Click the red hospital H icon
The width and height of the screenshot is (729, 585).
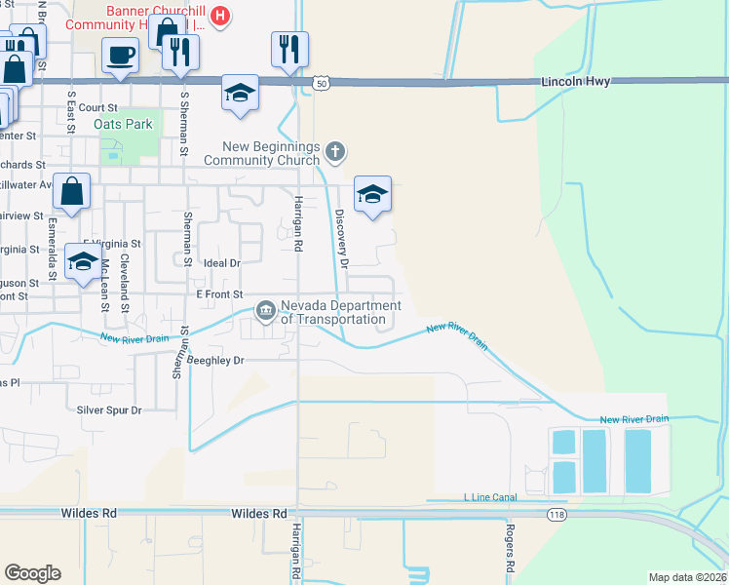[x=221, y=16]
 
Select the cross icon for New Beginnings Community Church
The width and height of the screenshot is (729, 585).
[x=335, y=150]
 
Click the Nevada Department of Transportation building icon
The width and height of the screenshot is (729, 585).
[x=265, y=311]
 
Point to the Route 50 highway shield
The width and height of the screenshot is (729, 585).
[x=321, y=85]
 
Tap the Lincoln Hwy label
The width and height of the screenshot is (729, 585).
[x=575, y=82]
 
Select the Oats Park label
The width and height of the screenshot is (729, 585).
[x=124, y=125]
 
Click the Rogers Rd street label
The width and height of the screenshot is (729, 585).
[x=510, y=546]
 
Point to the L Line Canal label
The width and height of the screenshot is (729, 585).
[x=491, y=498]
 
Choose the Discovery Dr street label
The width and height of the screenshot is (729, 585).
[x=341, y=238]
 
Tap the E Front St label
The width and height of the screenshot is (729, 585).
[x=218, y=293]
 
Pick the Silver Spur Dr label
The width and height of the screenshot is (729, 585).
[x=109, y=410]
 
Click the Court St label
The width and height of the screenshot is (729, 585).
[x=98, y=107]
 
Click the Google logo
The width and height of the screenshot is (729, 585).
[x=32, y=573]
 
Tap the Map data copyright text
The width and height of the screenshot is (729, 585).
[x=688, y=577]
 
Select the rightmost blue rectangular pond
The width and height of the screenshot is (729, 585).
[x=637, y=461]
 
